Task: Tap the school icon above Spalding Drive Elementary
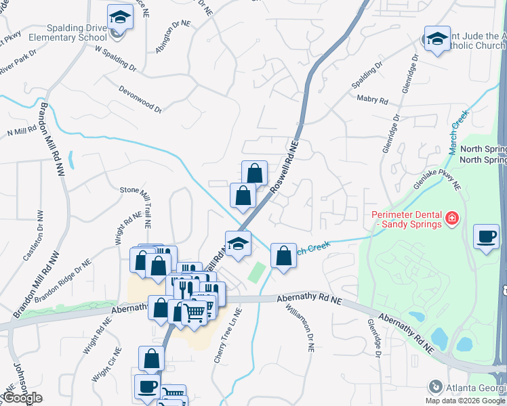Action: (120, 17)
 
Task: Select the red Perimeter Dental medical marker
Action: (451, 219)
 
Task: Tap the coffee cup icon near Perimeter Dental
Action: (486, 236)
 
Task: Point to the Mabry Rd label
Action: (372, 100)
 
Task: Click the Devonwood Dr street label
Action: (140, 98)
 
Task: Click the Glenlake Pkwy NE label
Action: (437, 179)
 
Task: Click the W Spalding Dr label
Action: (116, 59)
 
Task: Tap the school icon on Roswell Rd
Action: (238, 244)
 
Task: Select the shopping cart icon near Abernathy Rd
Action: (195, 312)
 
